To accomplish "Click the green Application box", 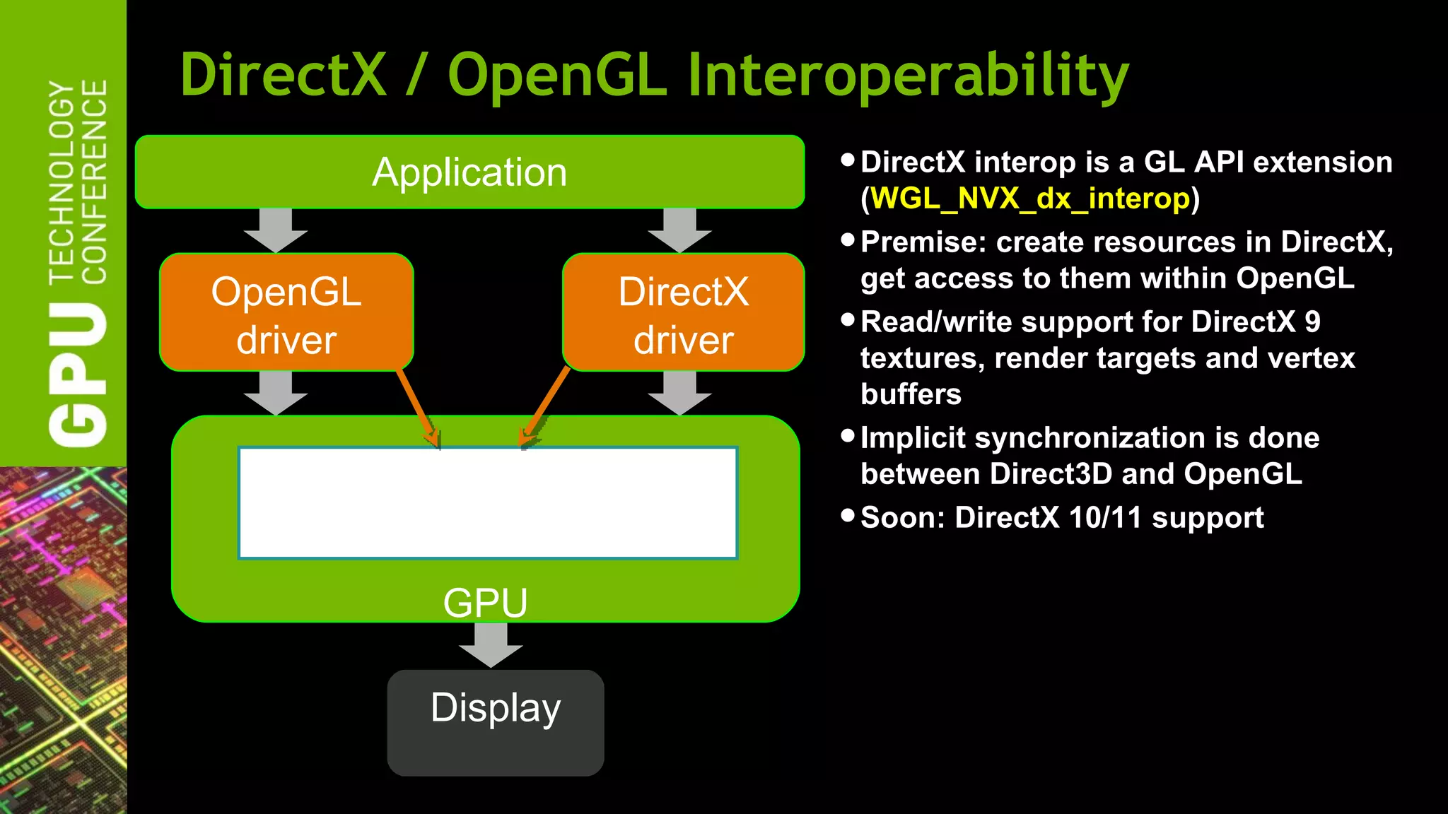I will pyautogui.click(x=469, y=172).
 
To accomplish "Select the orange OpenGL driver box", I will pyautogui.click(x=286, y=312).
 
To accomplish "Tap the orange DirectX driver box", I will pyautogui.click(x=683, y=312).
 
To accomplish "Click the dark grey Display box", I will pyautogui.click(x=495, y=722).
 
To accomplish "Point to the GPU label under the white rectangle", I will pyautogui.click(x=485, y=603).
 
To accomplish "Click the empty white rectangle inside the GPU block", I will pyautogui.click(x=488, y=502).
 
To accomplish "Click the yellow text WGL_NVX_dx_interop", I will pyautogui.click(x=1030, y=199).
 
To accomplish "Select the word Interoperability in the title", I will pyautogui.click(x=908, y=76).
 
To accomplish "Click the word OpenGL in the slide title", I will pyautogui.click(x=557, y=76).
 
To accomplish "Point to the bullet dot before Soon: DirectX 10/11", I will pyautogui.click(x=848, y=515).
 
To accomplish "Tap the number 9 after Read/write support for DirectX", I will pyautogui.click(x=1312, y=322).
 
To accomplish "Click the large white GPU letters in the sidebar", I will pyautogui.click(x=78, y=374).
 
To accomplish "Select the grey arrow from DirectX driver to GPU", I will pyautogui.click(x=679, y=393).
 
